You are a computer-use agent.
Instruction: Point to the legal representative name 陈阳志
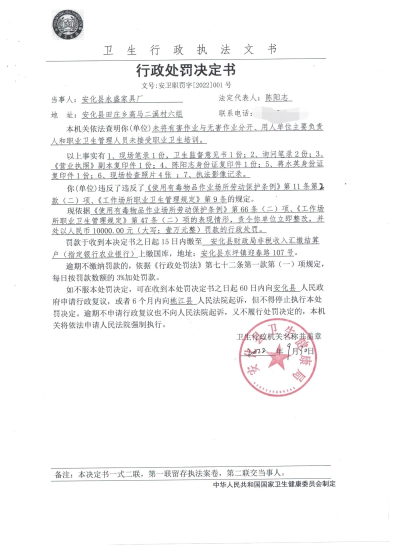click(x=277, y=98)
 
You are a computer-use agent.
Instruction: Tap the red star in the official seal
click(x=274, y=358)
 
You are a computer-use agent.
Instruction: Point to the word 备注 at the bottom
click(x=61, y=472)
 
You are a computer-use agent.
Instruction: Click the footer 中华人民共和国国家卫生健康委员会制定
click(x=274, y=484)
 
